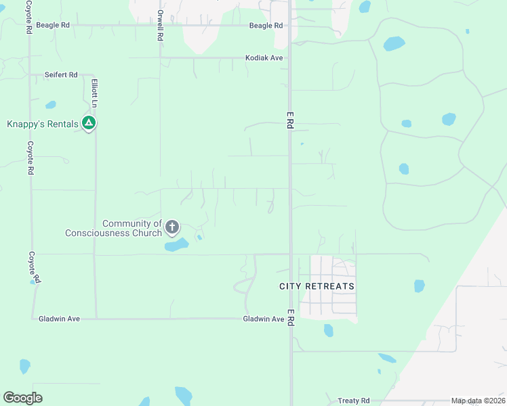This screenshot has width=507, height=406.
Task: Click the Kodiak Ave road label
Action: click(264, 58)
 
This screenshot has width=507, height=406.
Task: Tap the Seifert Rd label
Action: click(61, 74)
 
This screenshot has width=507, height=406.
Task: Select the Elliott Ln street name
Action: click(94, 91)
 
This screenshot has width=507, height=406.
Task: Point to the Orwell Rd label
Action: click(160, 26)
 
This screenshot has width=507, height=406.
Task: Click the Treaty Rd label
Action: click(354, 401)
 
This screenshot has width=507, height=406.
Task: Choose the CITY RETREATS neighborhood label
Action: click(317, 286)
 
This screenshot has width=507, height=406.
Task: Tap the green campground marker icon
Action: click(88, 123)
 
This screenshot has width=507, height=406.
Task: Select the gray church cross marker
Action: click(172, 227)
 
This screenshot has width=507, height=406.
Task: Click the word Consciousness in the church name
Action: click(113, 233)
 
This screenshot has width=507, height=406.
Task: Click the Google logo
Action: click(22, 398)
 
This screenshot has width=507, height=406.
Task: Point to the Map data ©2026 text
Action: click(477, 401)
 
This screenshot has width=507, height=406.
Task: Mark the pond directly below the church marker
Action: click(176, 245)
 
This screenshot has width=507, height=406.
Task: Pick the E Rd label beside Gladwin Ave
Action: click(290, 317)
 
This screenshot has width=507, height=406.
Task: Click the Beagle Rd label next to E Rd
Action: click(266, 26)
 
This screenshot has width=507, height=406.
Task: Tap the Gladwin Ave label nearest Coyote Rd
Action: click(55, 318)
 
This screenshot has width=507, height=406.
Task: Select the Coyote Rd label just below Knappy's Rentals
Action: click(31, 158)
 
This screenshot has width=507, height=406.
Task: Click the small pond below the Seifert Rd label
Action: click(51, 105)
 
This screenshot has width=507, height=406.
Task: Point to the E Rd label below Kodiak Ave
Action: click(289, 122)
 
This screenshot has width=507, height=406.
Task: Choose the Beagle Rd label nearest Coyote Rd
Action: click(55, 25)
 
